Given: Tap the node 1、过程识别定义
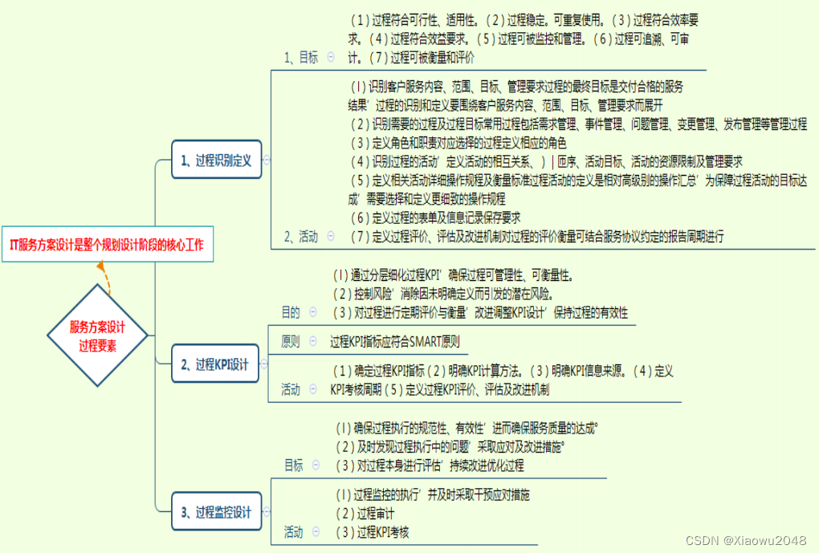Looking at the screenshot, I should tap(216, 161).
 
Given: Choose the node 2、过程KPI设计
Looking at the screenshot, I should tap(216, 364).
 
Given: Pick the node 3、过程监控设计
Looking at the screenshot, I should tap(216, 512).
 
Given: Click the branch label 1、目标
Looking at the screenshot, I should tap(301, 57).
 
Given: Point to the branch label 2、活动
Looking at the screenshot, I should tap(301, 236).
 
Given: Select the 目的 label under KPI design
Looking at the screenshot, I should tap(290, 312).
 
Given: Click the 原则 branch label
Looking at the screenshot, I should tap(290, 341).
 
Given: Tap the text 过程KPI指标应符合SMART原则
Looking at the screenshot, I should tap(395, 341).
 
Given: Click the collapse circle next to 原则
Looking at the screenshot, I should tap(314, 341).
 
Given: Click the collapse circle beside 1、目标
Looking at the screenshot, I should tap(331, 57).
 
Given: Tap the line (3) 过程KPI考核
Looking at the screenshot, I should tap(373, 531).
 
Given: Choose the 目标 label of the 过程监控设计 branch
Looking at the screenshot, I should tap(294, 465).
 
